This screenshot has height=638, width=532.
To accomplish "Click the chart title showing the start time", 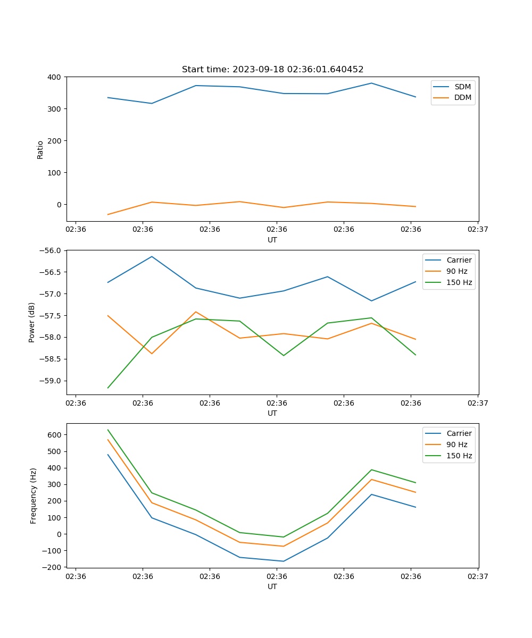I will [x=272, y=70].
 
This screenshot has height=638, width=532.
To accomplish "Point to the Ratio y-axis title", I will [x=40, y=149].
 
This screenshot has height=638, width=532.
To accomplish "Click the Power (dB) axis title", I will [x=32, y=322].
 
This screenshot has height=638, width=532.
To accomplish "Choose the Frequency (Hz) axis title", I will [x=34, y=496].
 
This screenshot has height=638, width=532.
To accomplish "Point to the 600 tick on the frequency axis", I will [x=54, y=435].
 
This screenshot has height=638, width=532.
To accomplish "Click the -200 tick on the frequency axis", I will [x=52, y=567].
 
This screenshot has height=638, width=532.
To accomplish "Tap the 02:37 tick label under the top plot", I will [x=478, y=229].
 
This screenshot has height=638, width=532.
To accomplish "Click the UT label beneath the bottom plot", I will [x=272, y=586].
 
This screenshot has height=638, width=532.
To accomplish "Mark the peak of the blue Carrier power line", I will [x=152, y=256].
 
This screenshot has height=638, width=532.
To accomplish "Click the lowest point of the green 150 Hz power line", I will [x=108, y=388].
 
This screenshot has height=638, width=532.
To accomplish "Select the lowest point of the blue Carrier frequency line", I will [x=283, y=561].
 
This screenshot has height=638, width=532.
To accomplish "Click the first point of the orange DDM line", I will [x=108, y=214].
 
